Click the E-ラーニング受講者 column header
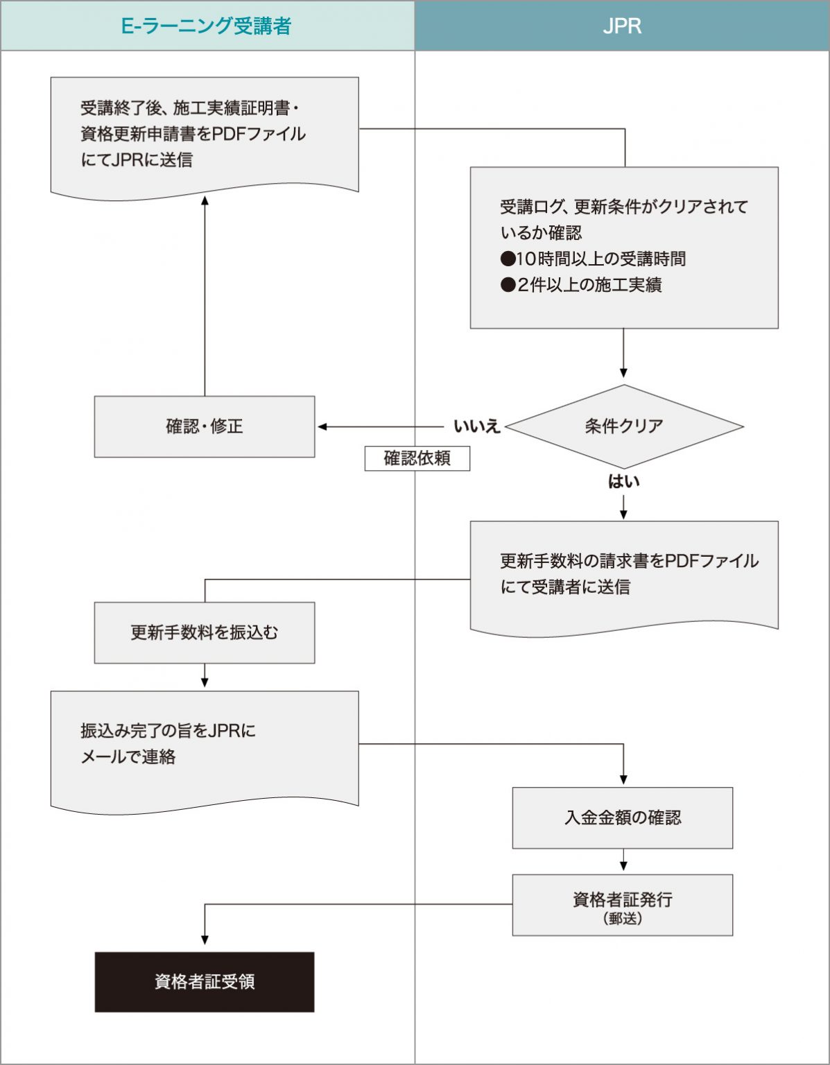pos(207,26)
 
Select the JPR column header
pos(622,26)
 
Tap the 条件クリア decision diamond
pos(623,426)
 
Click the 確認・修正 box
pos(205,426)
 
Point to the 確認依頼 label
pos(417,458)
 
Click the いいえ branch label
pos(476,426)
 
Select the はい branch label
pos(623,481)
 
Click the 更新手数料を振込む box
pos(205,632)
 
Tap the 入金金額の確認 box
pos(622,817)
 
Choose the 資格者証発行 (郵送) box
pos(622,905)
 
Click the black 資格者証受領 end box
pos(205,982)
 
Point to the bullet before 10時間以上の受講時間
pos(508,259)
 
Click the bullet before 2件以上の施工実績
pos(508,285)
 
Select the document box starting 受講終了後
pos(205,135)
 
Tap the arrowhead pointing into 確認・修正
pos(322,426)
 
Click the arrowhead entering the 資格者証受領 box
pos(205,940)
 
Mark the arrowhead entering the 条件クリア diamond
pos(623,373)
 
